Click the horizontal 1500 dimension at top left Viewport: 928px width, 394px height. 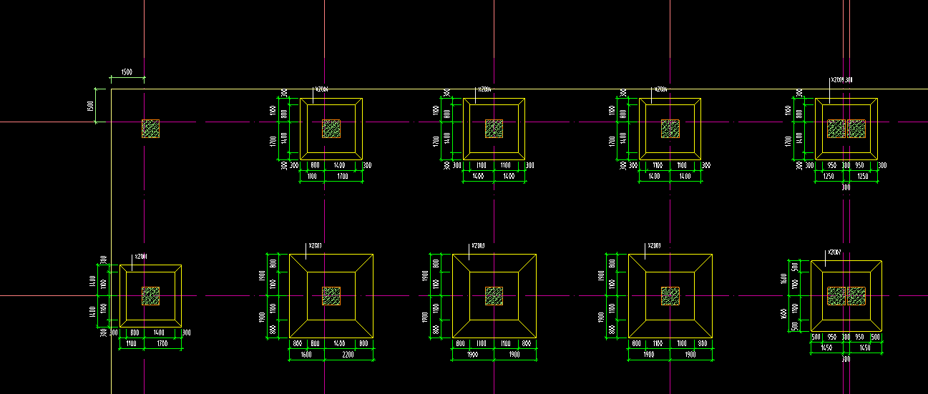tap(127, 72)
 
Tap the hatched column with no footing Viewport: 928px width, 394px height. tap(150, 129)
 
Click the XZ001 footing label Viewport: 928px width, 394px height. tap(141, 257)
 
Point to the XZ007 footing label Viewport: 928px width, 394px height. tap(834, 252)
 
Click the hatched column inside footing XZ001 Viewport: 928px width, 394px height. tap(150, 296)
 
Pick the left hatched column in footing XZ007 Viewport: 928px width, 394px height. tap(836, 296)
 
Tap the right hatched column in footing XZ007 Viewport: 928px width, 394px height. tap(856, 296)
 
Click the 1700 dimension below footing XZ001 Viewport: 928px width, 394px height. tap(161, 345)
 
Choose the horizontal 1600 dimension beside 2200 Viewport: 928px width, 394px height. tap(306, 355)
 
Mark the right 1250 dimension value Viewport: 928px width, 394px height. tap(862, 176)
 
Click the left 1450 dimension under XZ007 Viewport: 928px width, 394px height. tap(826, 348)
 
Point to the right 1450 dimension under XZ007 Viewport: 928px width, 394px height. tap(865, 348)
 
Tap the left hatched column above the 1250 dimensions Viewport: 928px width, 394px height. tap(836, 129)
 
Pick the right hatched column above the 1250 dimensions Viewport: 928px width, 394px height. tap(856, 129)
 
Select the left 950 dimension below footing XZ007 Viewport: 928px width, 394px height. tap(832, 336)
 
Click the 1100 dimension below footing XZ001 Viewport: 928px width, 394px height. tap(131, 345)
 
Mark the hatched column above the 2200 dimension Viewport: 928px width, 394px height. tap(331, 296)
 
